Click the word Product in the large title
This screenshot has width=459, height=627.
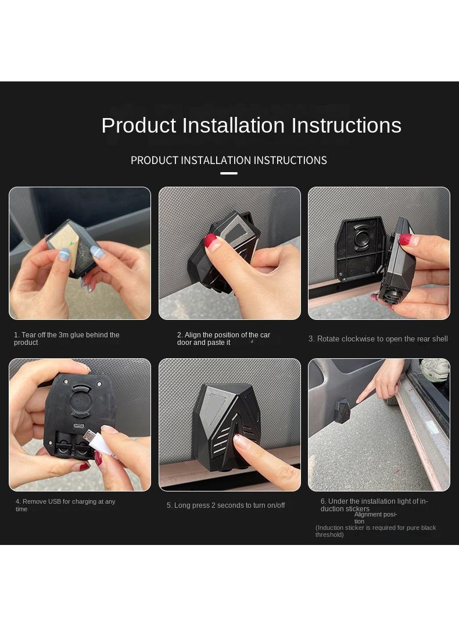pyautogui.click(x=139, y=126)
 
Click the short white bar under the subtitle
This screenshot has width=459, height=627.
pyautogui.click(x=229, y=173)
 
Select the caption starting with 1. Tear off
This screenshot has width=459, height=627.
pyautogui.click(x=67, y=339)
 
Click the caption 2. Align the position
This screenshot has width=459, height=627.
pyautogui.click(x=224, y=339)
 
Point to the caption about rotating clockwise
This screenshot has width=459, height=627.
pyautogui.click(x=378, y=339)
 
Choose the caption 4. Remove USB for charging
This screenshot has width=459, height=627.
pyautogui.click(x=66, y=505)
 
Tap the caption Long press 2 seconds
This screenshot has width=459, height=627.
pyautogui.click(x=225, y=505)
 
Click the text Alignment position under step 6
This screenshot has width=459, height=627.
pyautogui.click(x=375, y=518)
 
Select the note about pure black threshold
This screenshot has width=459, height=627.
pyautogui.click(x=375, y=531)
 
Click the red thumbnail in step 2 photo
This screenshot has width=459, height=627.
pyautogui.click(x=210, y=241)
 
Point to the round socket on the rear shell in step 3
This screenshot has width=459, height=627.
pyautogui.click(x=361, y=238)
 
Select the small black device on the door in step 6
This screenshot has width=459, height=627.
pyautogui.click(x=342, y=411)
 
